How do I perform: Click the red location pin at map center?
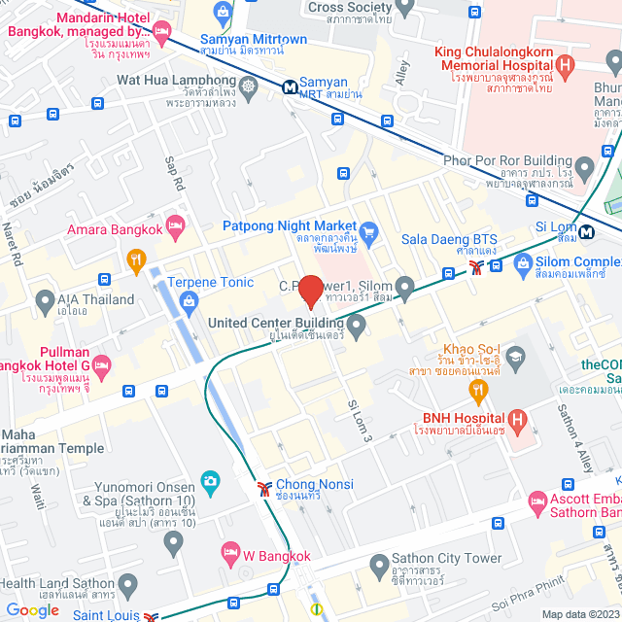(310, 291)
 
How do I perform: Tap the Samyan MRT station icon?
(291, 86)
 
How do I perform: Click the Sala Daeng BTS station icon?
(476, 266)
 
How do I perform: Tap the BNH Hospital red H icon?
(517, 421)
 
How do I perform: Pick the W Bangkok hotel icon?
(230, 552)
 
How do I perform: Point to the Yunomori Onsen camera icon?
(209, 480)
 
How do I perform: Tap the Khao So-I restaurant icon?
(478, 391)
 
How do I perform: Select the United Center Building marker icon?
(357, 324)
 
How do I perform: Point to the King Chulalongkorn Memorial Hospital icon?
(566, 65)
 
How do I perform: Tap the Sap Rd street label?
(175, 172)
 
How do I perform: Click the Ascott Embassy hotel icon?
(537, 503)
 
